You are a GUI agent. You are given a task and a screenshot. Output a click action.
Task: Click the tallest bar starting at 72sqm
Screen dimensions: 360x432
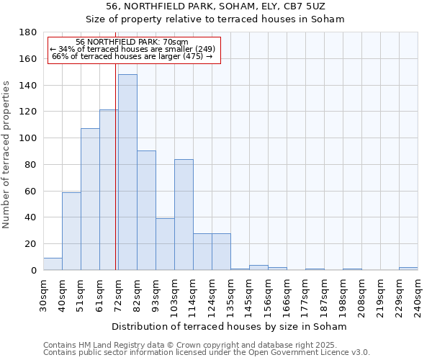pos(127,172)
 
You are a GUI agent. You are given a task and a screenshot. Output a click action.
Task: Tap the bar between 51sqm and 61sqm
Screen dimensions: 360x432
pos(90,199)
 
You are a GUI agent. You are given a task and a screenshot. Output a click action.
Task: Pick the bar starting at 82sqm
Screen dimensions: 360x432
pos(146,210)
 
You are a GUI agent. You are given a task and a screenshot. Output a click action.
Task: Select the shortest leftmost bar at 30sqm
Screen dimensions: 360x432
pos(53,264)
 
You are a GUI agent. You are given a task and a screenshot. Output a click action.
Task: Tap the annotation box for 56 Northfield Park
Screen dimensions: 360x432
pos(134,50)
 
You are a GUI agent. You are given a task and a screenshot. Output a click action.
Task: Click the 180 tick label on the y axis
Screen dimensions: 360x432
pos(30,32)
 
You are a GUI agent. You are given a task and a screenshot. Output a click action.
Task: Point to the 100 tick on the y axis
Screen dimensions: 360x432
pos(30,138)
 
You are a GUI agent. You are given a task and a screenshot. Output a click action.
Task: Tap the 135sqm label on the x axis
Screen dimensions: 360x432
pos(230,294)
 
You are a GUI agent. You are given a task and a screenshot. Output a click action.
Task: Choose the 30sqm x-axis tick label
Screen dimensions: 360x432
pos(43,294)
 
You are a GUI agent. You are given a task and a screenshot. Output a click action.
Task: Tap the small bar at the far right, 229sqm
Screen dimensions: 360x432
pos(408,269)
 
